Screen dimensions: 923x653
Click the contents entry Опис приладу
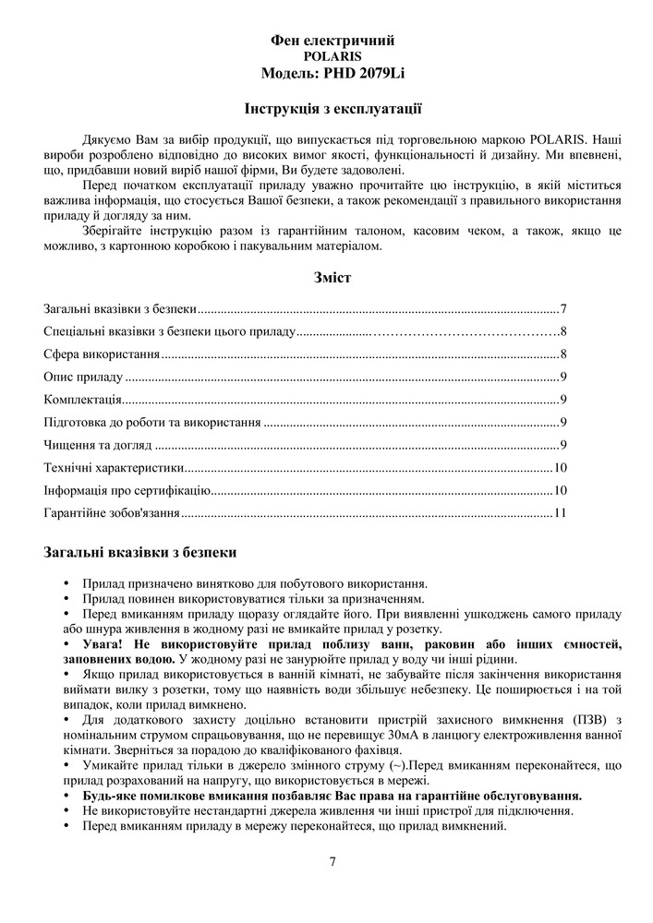coord(83,377)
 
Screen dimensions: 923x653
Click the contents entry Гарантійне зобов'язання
coord(112,512)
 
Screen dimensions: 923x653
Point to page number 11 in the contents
coord(559,512)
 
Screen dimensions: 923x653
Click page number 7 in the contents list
coord(562,308)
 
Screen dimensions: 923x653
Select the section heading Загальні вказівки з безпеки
coord(139,553)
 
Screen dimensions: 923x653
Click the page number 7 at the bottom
coord(333,862)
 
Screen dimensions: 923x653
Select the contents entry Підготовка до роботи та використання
coord(152,422)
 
